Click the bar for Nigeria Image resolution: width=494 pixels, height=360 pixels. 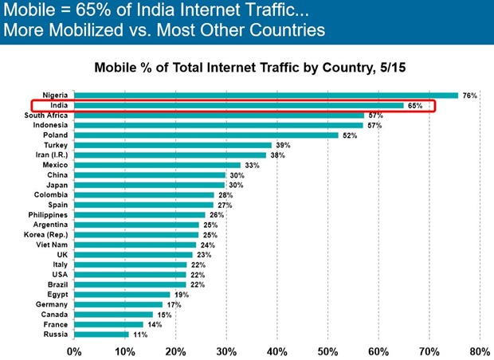(266, 96)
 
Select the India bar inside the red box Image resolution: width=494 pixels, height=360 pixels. (239, 105)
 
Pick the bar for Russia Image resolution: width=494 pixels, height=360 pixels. (101, 335)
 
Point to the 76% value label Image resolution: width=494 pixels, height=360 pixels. (469, 96)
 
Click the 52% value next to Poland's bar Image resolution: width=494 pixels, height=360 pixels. (348, 135)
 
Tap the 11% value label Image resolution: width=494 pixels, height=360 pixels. (140, 335)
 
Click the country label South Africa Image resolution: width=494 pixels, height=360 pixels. (45, 115)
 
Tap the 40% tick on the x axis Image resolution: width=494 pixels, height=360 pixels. (276, 350)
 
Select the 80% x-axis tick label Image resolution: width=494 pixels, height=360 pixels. (480, 350)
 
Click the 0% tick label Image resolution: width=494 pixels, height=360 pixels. (74, 350)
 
